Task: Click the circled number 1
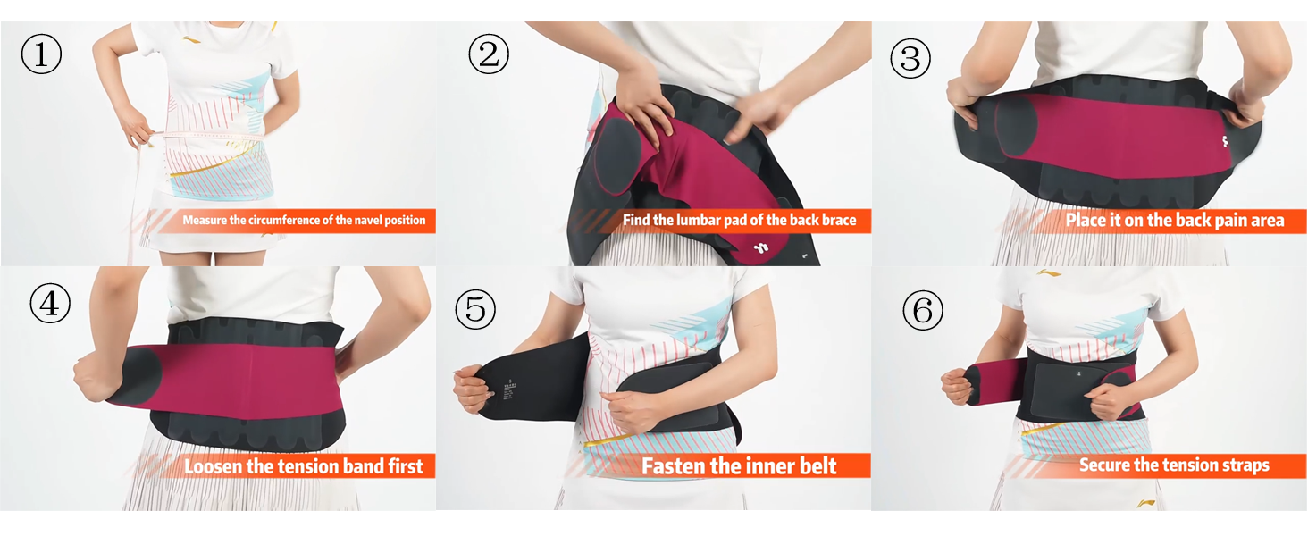[41, 55]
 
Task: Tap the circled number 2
[488, 55]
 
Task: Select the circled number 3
[910, 58]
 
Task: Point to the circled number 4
[50, 304]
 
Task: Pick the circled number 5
[474, 309]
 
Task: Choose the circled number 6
[922, 311]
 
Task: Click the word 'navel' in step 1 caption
[363, 220]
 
